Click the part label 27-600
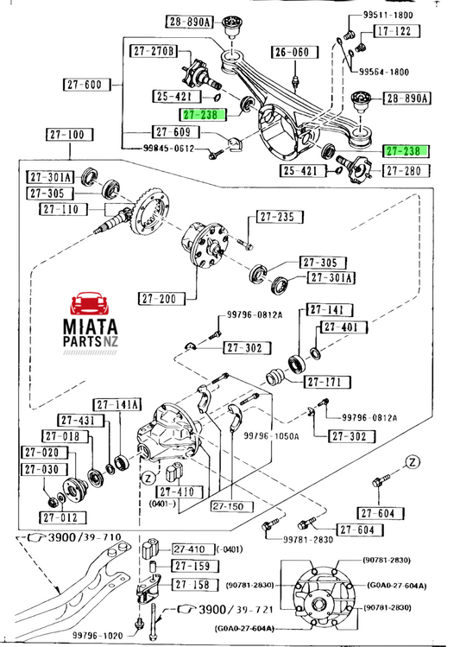87,85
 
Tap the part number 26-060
295,53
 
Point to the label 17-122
396,31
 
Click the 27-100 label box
70,135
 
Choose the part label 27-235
280,217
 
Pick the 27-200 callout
161,298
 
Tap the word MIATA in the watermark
91,327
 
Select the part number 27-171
327,382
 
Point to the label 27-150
228,506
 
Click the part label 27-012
63,517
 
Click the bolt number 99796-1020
98,636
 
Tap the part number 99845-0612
168,148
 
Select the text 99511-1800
388,15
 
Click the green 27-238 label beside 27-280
406,151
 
